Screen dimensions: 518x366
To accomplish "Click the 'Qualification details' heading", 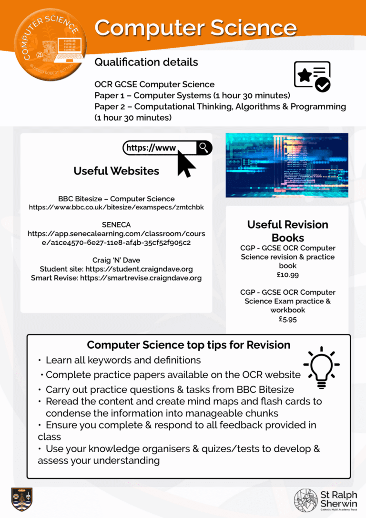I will click(x=146, y=62).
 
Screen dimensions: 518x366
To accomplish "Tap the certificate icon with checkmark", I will click(x=312, y=76).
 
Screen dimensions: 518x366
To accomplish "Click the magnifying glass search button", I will click(x=203, y=147).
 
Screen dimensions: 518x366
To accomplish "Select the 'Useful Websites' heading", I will click(x=116, y=171).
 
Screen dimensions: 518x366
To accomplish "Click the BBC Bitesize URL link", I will click(x=116, y=207).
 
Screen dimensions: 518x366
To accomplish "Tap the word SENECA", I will click(x=116, y=224).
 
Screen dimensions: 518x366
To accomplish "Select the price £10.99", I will click(x=287, y=275).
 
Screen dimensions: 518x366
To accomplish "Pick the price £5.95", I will click(x=287, y=319).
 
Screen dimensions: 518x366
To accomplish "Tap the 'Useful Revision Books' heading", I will click(x=287, y=231).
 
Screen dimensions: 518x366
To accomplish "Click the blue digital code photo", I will click(x=286, y=165).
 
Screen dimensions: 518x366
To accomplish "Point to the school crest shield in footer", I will click(x=22, y=499).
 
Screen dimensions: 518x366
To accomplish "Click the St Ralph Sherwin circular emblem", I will click(x=305, y=500).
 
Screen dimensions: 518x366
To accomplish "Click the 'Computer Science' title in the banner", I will click(x=195, y=28).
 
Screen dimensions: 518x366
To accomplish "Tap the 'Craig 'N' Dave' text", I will click(x=116, y=260).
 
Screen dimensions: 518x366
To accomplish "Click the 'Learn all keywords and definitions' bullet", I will click(x=123, y=360).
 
